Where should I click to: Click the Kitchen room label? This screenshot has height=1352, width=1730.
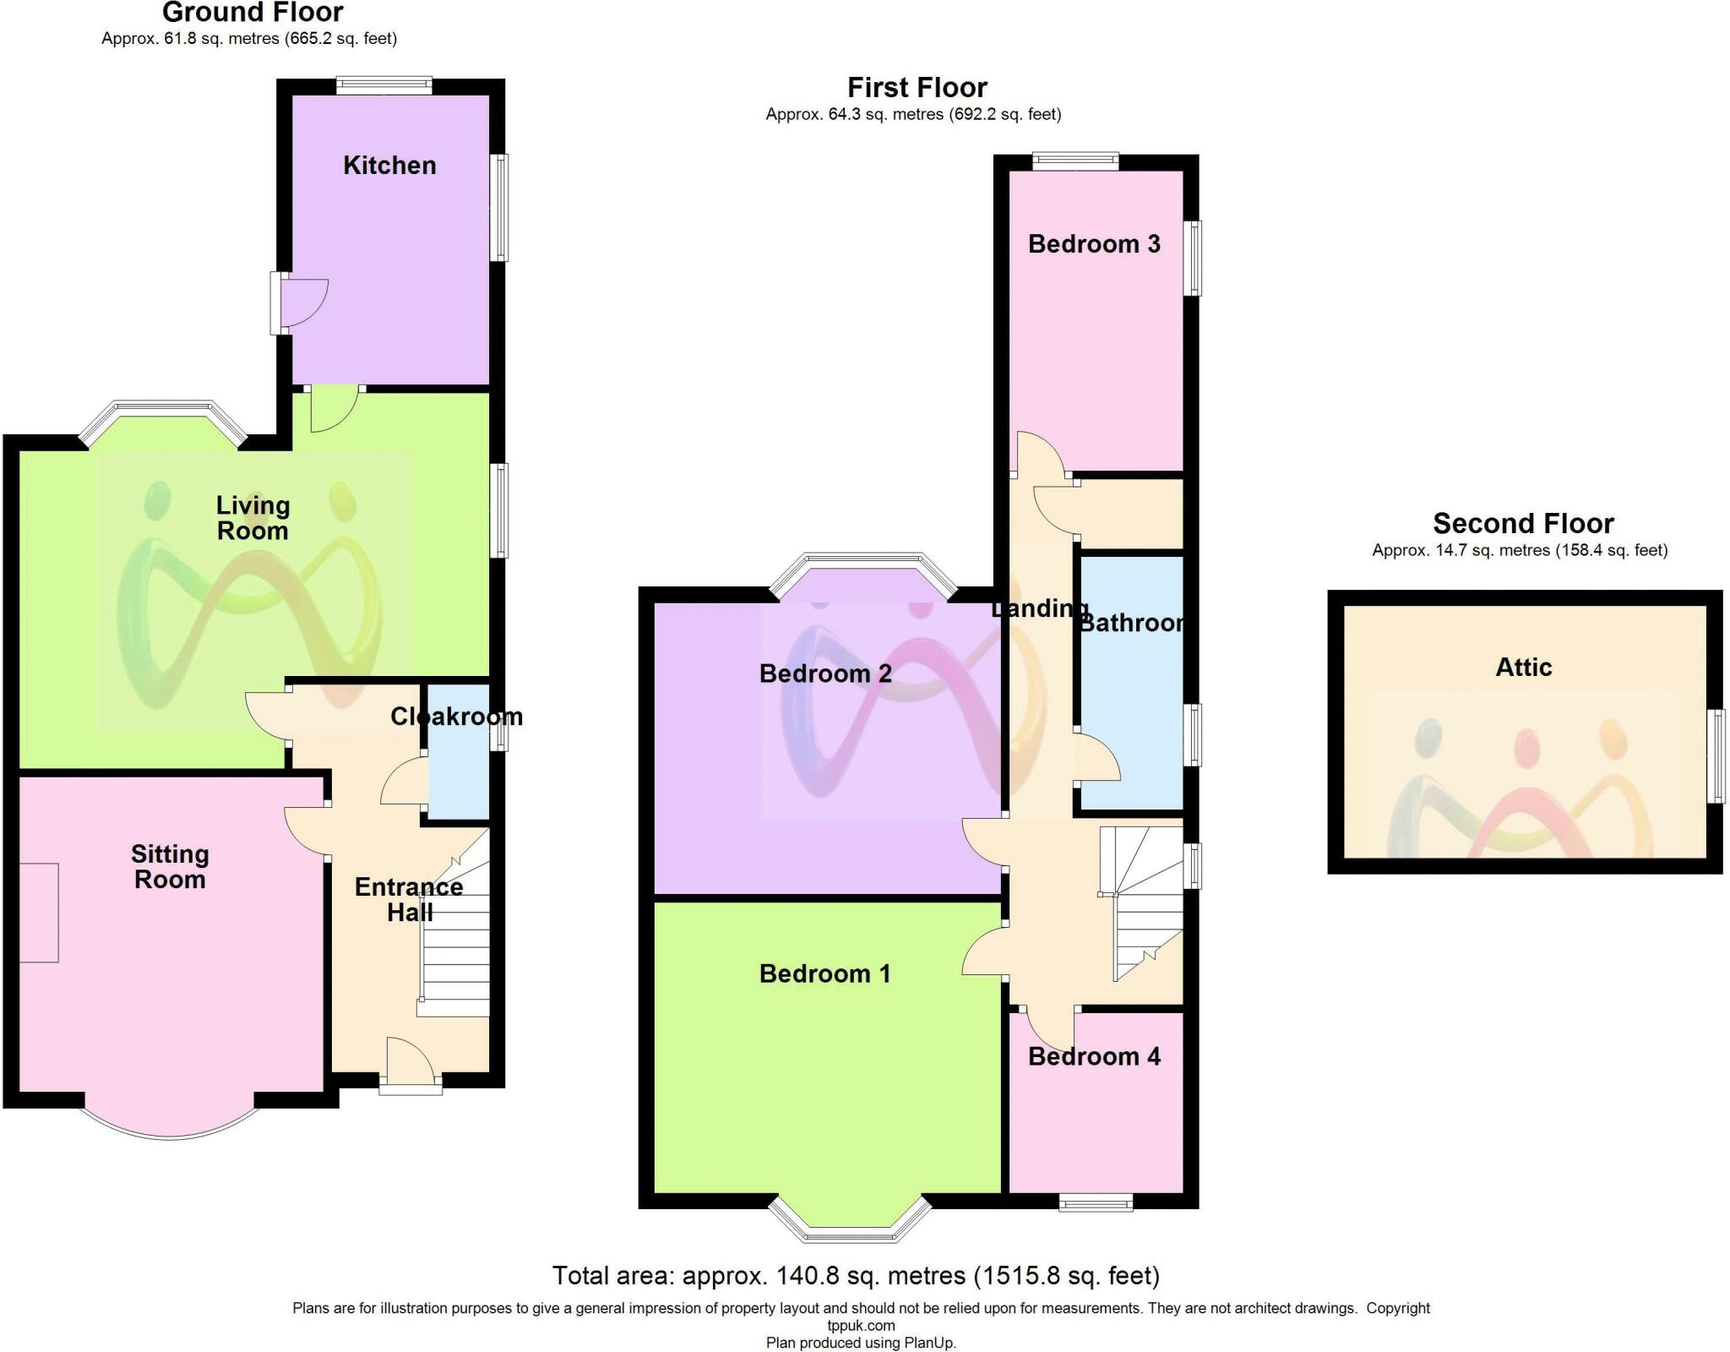[x=389, y=165]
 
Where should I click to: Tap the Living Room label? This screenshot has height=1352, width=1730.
[x=253, y=518]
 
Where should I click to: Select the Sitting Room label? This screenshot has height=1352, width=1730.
[x=170, y=867]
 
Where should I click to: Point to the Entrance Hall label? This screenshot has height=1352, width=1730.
[x=409, y=900]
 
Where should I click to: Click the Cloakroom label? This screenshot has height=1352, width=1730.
[x=456, y=717]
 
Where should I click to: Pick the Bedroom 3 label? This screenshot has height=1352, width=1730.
[x=1094, y=244]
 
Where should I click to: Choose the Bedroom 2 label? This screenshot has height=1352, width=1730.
[x=825, y=673]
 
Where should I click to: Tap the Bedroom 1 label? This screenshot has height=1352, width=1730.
[x=825, y=973]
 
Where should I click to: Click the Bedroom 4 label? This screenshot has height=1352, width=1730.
[x=1094, y=1056]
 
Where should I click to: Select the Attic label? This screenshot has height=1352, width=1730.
[x=1524, y=668]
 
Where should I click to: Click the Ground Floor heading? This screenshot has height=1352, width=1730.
[x=253, y=13]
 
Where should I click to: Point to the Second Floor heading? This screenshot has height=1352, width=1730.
[x=1523, y=524]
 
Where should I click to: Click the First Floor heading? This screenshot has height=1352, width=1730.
[x=917, y=88]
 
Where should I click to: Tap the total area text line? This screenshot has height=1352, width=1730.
[x=856, y=1275]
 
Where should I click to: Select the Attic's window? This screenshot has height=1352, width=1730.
[x=1716, y=755]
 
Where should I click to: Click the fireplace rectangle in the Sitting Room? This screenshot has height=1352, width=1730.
[x=39, y=913]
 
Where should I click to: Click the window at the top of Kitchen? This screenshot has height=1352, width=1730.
[x=384, y=85]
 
